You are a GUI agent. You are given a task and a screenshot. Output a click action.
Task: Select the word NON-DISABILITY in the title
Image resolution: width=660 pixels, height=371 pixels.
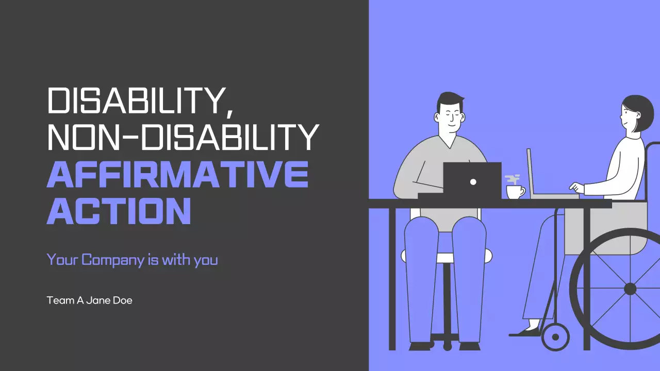[x=183, y=138]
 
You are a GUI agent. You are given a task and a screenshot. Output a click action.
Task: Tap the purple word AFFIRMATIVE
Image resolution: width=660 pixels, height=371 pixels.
[x=177, y=175]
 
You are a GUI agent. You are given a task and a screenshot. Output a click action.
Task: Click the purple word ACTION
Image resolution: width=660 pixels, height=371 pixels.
[x=119, y=212]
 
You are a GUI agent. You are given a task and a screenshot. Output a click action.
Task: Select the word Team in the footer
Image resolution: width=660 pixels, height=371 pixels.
[x=60, y=300]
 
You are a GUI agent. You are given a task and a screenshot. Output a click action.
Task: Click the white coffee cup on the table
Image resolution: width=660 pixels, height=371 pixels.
[x=514, y=192]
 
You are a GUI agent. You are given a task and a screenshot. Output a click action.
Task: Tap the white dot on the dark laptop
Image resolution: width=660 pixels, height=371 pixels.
[x=473, y=181]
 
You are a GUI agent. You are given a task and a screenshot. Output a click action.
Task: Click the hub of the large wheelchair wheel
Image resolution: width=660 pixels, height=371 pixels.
[x=630, y=289]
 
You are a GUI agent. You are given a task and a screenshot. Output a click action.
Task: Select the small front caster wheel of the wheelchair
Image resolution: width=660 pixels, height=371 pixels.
[x=555, y=338]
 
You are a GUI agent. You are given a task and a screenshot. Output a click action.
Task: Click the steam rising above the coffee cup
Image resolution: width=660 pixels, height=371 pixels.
[x=513, y=179]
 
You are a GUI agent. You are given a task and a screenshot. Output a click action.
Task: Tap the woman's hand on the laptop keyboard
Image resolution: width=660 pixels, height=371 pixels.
[x=576, y=187]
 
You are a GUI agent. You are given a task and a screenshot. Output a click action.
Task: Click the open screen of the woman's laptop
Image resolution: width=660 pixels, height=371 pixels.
[x=530, y=173]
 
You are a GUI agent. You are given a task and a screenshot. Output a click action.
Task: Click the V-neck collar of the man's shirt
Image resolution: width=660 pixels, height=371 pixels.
[x=450, y=143]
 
